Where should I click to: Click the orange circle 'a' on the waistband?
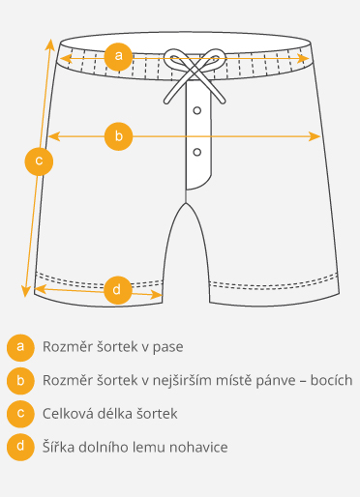coord(118,57)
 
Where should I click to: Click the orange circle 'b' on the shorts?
coord(118,136)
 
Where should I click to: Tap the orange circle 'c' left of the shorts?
coord(39,161)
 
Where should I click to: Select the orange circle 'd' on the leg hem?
coord(116,289)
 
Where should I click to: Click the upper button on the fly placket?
coord(196,110)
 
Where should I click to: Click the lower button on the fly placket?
coord(196,152)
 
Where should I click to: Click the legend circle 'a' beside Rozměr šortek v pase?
coord(18,346)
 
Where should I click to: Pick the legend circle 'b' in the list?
coord(18,380)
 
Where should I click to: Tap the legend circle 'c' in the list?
coord(18,414)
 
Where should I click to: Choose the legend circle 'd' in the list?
coord(18,448)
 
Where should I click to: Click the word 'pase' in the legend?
coord(166,346)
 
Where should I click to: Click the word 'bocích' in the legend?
coord(331,380)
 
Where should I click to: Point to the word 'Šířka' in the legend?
coord(59,448)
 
